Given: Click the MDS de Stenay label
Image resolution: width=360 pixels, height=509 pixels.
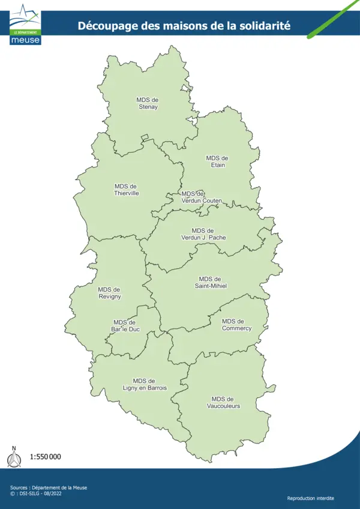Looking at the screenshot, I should click(x=148, y=103).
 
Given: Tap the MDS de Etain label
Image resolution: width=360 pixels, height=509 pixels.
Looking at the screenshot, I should click(x=217, y=161).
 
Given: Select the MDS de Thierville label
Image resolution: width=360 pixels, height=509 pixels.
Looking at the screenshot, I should click(x=126, y=190).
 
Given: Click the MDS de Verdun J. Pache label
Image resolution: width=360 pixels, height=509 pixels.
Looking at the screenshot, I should click(x=203, y=234).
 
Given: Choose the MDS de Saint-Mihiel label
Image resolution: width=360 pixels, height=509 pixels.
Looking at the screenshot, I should click(x=210, y=282).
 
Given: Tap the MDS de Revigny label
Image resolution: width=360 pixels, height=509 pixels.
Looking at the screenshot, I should click(x=109, y=293).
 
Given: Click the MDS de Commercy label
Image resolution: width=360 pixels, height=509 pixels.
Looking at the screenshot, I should click(x=236, y=325).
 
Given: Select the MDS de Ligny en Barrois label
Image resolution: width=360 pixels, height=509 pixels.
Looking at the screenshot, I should click(x=145, y=384).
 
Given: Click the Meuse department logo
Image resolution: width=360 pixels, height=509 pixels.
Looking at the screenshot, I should click(x=25, y=24).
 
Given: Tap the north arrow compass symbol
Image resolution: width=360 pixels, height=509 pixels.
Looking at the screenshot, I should click(x=14, y=457).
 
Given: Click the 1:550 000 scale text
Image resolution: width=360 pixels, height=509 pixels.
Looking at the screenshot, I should click(x=46, y=457).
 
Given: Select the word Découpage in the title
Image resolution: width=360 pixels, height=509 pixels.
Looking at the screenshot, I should click(x=105, y=26).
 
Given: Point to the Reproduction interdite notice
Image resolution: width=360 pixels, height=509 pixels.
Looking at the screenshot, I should click(x=311, y=498).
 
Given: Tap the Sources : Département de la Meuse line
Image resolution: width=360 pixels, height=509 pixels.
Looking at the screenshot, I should click(x=49, y=487).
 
